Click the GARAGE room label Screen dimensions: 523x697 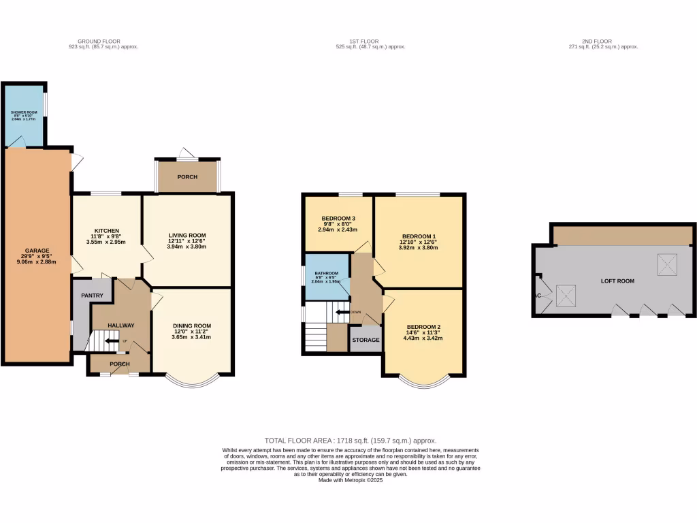tap(37, 250)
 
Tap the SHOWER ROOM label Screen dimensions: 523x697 tap(23, 112)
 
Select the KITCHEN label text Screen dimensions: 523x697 tap(107, 230)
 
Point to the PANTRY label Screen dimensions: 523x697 tap(92, 296)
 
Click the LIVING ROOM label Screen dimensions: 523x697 tap(187, 236)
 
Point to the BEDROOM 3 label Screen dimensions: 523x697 tap(338, 219)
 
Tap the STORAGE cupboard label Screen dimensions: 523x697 tap(366, 339)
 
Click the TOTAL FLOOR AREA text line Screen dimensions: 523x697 tap(351, 441)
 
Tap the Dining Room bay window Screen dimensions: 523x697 tap(193, 383)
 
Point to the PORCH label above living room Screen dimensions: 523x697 tap(187, 177)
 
